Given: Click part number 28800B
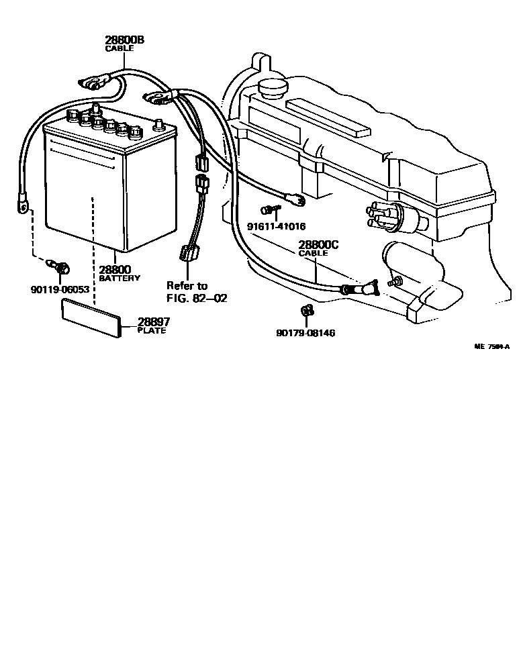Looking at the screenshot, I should click(x=124, y=40).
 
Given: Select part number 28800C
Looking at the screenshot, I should click(x=318, y=245).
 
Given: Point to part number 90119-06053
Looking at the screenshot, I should click(x=60, y=289).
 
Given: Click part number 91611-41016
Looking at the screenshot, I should click(x=277, y=226).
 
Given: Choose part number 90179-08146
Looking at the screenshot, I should click(x=305, y=333).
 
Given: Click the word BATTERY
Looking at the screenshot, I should click(x=120, y=278).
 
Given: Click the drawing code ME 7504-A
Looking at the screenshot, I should click(x=491, y=347).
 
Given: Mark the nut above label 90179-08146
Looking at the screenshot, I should click(x=305, y=310).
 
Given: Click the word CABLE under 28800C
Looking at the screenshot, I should click(x=314, y=254).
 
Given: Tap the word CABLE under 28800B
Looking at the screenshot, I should click(x=120, y=49).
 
